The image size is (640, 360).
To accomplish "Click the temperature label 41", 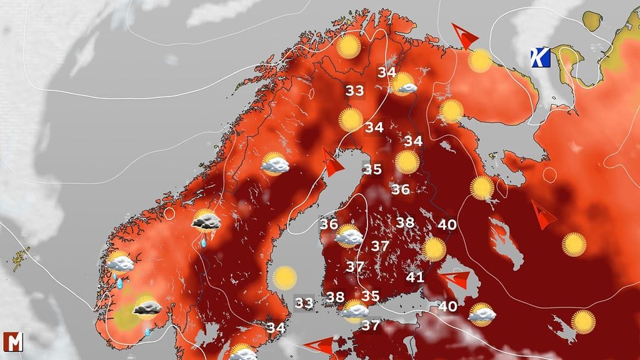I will pyautogui.click(x=415, y=277).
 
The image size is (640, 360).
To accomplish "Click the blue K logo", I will pyautogui.click(x=539, y=58).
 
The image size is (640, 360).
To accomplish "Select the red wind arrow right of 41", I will pyautogui.click(x=455, y=279).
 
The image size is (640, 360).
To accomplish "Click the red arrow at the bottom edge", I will pyautogui.click(x=319, y=345).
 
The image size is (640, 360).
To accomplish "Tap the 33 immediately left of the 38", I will pyautogui.click(x=304, y=303).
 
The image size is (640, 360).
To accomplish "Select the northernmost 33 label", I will pyautogui.click(x=354, y=91).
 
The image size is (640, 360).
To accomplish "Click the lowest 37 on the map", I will pyautogui.click(x=371, y=325).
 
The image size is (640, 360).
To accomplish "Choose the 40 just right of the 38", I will pyautogui.click(x=447, y=224).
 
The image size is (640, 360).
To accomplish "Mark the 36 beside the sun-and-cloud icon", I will pyautogui.click(x=329, y=223).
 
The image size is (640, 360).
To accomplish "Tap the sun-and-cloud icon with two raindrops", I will pyautogui.click(x=119, y=264).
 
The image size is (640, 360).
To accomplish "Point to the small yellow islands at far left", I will pyautogui.click(x=21, y=258).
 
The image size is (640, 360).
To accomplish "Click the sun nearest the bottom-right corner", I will pyautogui.click(x=583, y=321).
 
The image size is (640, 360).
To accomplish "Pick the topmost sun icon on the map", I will pyautogui.click(x=349, y=47).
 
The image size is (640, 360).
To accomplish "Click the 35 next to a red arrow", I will pyautogui.click(x=372, y=169).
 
